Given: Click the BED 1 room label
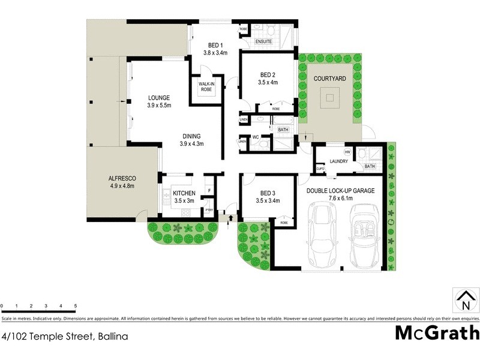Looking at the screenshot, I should tap(216, 45).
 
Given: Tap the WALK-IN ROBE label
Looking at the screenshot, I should tap(206, 86).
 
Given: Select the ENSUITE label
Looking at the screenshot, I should tap(264, 41).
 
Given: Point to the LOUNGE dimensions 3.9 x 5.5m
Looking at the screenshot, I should tap(160, 106).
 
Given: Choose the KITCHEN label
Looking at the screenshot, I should tap(184, 193).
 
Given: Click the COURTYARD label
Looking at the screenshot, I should tap(329, 79).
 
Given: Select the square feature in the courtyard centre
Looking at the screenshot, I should tap(329, 97).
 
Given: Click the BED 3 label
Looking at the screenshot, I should tap(268, 193).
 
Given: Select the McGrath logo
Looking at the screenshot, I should tap(436, 332).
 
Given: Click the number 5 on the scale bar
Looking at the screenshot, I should tap(76, 306).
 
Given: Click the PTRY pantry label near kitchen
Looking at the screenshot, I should tap(208, 209).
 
